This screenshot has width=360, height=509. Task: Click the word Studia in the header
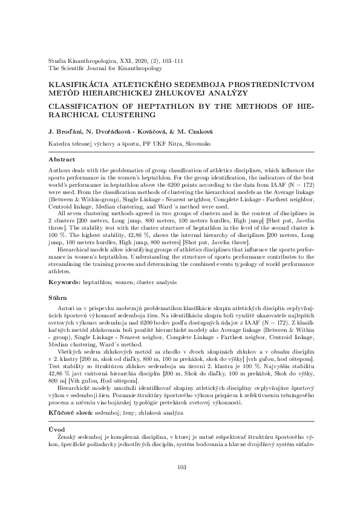(57, 62)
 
